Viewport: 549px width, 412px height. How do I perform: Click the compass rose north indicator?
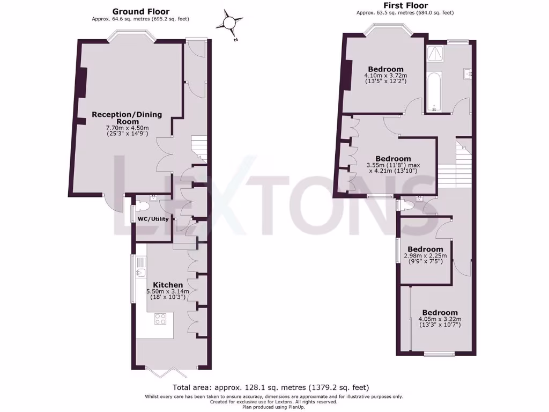tap(229, 23)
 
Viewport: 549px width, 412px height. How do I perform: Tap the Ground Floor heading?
tap(140, 11)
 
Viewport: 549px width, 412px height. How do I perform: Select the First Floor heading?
tap(405, 5)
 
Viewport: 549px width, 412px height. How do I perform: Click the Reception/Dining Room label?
tap(127, 117)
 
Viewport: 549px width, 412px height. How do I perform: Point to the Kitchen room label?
tap(168, 284)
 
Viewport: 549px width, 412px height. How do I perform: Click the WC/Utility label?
tap(153, 219)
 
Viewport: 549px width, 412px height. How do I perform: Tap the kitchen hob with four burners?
tap(161, 319)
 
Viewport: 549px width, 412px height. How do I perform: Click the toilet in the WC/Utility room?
tap(143, 205)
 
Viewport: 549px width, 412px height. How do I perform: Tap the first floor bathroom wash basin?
tap(468, 73)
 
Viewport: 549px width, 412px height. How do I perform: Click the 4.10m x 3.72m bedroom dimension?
tap(385, 76)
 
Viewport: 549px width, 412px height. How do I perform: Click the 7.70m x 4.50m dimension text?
tap(127, 128)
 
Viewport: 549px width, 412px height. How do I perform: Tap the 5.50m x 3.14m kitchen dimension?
tap(168, 292)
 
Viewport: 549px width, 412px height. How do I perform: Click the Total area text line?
tap(271, 387)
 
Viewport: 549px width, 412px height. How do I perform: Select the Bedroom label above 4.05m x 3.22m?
tap(440, 312)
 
